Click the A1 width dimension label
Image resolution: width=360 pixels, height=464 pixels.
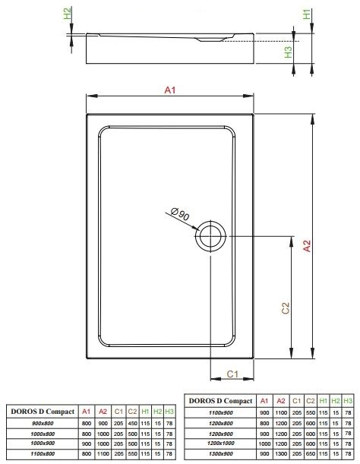point(170,90)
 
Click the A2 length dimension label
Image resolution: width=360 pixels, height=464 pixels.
point(308,246)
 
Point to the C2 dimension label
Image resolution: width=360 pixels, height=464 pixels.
point(286,308)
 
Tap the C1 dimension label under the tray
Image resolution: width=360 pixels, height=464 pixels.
point(232,374)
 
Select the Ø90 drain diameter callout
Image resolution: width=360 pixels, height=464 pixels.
point(180,215)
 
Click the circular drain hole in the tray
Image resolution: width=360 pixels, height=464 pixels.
point(210,236)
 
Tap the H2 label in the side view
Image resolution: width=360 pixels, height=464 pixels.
point(68,14)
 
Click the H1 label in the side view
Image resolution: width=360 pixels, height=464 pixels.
point(307,14)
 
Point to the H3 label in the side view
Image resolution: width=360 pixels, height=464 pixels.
point(288,52)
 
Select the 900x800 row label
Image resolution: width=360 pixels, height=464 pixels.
point(43,424)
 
